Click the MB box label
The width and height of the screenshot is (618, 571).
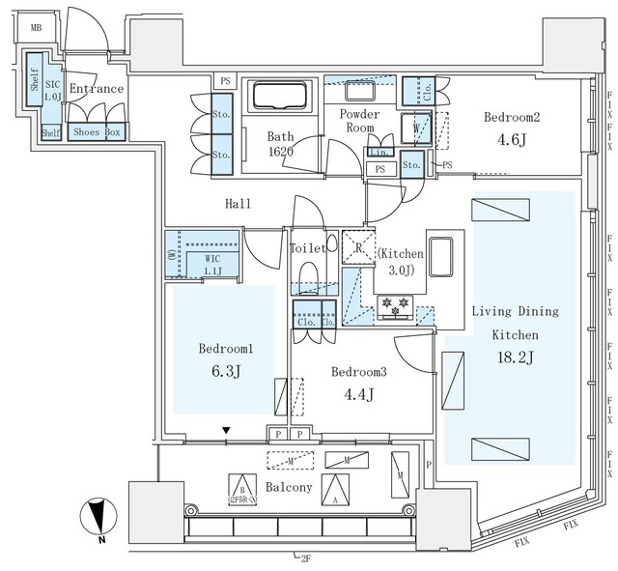[36, 28]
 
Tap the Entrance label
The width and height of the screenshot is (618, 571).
[97, 89]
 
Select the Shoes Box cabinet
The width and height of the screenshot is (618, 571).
[97, 132]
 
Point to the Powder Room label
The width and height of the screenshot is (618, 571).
[359, 122]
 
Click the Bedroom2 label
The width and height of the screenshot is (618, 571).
[511, 117]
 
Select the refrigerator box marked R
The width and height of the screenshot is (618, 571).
[358, 247]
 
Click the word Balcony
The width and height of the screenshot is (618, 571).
[288, 487]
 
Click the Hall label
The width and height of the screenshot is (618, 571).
[238, 204]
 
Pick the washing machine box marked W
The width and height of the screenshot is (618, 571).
[416, 128]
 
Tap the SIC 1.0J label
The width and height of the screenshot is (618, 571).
[53, 90]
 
